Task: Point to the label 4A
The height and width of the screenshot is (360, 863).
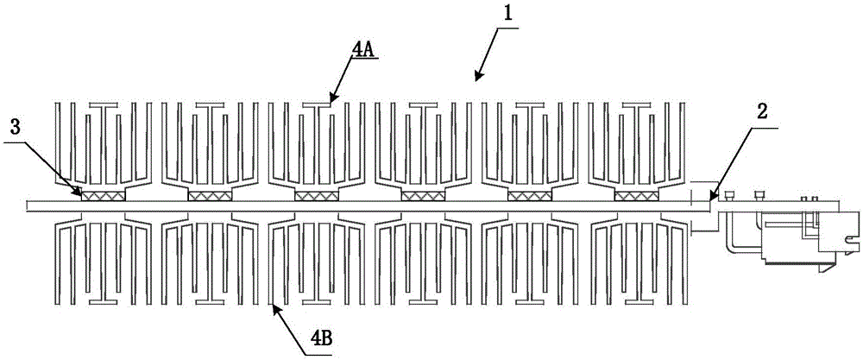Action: (362, 51)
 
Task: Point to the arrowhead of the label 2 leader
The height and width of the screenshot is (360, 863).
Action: (709, 201)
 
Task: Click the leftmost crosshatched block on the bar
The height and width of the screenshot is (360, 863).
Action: (104, 197)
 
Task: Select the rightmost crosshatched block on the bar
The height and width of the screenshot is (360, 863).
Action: (636, 197)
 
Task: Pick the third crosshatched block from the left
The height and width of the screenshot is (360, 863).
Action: (317, 197)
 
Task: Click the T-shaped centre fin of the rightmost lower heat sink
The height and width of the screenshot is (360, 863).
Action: (636, 276)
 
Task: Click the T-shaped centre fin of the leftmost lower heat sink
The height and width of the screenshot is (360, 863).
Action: (104, 276)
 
